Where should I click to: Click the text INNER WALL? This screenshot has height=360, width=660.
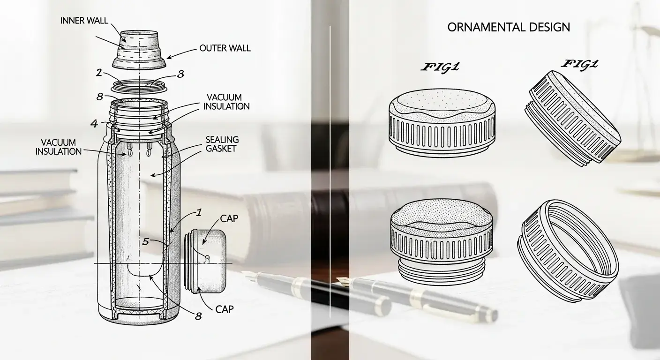[84, 21]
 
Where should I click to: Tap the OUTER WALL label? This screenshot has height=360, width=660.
[225, 48]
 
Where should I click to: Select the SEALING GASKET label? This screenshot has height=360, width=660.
[222, 144]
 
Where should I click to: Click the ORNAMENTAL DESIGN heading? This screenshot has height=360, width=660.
[509, 27]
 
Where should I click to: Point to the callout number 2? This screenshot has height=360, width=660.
[99, 73]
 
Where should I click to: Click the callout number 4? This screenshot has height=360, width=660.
[94, 124]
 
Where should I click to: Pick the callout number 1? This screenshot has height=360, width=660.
[199, 212]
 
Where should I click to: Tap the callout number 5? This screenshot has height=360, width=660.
[146, 241]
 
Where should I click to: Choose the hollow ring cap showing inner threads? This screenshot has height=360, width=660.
[568, 250]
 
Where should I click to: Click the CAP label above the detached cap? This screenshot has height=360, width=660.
[229, 218]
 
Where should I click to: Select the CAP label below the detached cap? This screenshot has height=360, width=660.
[225, 309]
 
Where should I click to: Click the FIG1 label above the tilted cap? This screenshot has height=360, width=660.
[579, 65]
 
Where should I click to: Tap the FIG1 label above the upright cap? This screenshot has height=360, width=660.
[440, 67]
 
